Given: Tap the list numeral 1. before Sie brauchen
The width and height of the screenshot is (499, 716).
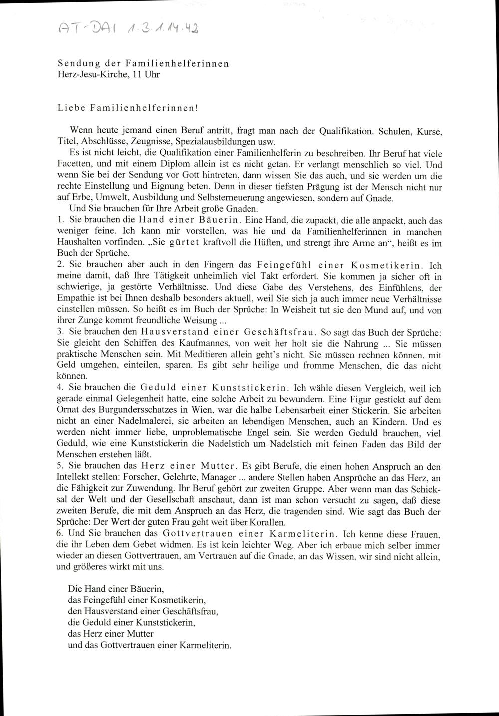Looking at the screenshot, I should pyautogui.click(x=60, y=220).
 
